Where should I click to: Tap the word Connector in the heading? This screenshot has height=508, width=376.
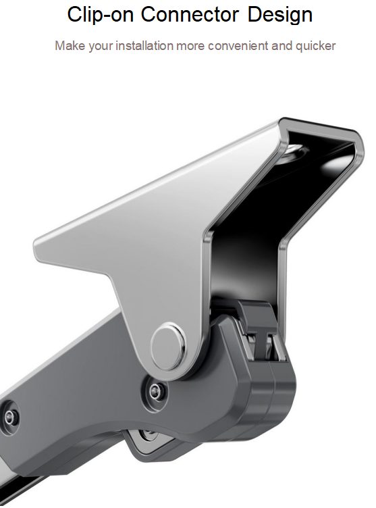[x=190, y=15]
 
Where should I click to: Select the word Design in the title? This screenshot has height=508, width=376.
[x=280, y=16]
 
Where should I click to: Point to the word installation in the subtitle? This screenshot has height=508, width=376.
[x=144, y=46]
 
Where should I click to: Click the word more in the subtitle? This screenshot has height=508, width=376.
[x=191, y=47]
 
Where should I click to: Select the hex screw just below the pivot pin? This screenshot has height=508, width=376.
[x=156, y=391]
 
